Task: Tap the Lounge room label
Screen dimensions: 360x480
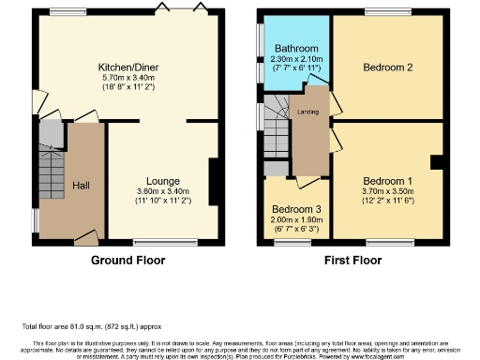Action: [x=162, y=181]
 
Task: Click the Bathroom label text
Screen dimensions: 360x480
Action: [x=294, y=48]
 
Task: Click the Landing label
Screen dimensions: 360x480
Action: [x=308, y=113]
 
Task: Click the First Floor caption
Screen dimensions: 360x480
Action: [x=353, y=260]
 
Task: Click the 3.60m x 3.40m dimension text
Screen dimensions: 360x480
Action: [x=162, y=191]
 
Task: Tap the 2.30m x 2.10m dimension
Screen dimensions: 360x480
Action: [x=294, y=58]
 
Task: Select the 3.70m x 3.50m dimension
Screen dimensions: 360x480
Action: [x=387, y=191]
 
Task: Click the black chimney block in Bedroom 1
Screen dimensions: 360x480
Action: [x=436, y=162]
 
